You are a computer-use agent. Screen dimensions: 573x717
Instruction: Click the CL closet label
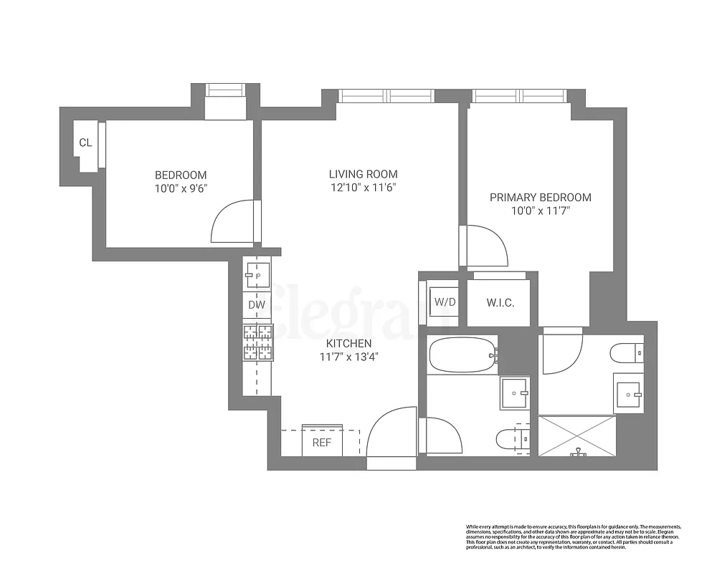click(85, 143)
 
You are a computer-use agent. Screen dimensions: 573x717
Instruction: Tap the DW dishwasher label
click(257, 305)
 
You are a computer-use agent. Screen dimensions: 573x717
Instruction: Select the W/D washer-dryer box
click(445, 302)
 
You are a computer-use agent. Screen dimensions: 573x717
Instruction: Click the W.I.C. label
click(500, 302)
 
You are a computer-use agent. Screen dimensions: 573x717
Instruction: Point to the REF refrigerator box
click(322, 442)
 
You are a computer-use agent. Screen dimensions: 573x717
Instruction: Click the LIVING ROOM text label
click(363, 174)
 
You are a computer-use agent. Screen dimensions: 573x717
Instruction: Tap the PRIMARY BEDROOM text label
click(540, 198)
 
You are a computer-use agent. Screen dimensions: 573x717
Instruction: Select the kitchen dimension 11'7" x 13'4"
click(350, 356)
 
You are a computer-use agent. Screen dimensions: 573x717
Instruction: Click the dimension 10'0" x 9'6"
click(181, 188)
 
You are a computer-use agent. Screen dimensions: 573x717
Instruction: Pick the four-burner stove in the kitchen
click(258, 342)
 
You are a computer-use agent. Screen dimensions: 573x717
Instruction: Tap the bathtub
click(462, 354)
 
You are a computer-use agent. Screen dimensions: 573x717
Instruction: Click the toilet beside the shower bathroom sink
click(628, 353)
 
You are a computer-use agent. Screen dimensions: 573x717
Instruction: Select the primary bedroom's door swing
click(486, 246)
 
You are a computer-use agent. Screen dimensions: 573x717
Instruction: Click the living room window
click(386, 95)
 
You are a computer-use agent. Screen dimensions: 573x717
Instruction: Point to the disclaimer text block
click(573, 536)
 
